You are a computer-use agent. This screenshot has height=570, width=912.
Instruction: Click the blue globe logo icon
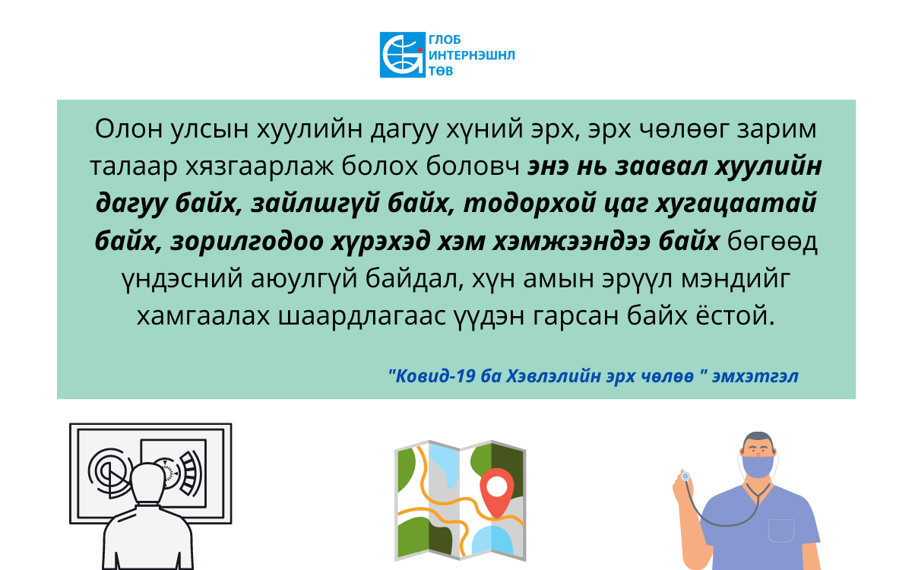pos(403,55)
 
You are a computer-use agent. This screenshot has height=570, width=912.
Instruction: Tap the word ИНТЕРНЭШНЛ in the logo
pos(472,55)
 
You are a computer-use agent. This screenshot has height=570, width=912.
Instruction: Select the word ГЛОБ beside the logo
pos(445,40)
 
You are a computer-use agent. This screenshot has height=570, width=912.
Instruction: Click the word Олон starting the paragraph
pos(128,129)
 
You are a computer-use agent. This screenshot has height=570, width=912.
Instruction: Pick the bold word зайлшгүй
pos(312,204)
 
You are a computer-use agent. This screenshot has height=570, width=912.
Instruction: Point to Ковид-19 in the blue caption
pos(432,376)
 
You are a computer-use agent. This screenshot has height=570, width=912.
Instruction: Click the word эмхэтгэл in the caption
pos(755,376)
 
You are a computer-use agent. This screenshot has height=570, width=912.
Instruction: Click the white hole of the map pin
pos(497,486)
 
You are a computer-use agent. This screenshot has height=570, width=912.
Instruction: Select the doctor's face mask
pos(758,466)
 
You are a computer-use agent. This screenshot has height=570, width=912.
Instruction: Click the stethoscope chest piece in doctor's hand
pos(686,476)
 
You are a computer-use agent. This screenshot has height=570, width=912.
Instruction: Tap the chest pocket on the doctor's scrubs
pos(781,530)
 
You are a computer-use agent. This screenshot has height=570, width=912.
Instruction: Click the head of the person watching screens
pos(148,485)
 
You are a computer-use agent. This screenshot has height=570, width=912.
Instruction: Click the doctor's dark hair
pos(758,439)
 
